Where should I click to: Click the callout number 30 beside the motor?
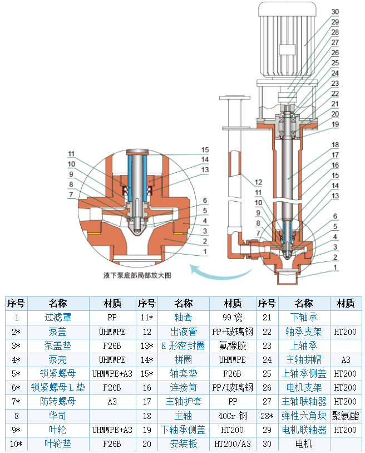click(x=335, y=12)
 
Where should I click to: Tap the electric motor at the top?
click(x=287, y=40)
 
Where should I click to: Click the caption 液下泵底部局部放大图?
click(x=137, y=275)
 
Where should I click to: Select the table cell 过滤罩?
click(x=58, y=317)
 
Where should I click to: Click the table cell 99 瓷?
click(x=232, y=317)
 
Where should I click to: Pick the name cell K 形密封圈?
click(x=183, y=345)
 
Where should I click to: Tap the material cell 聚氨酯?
click(x=346, y=416)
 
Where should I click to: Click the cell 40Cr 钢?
click(x=232, y=416)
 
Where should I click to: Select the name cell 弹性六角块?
click(x=304, y=416)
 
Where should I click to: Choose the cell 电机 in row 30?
click(x=304, y=444)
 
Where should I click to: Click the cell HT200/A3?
click(x=232, y=444)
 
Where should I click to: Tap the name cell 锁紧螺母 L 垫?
click(x=58, y=387)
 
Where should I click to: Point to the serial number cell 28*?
click(x=267, y=416)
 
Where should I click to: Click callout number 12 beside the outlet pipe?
click(x=258, y=182)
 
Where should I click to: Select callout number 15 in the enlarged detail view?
click(x=205, y=150)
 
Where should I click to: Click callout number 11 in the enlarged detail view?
click(x=71, y=154)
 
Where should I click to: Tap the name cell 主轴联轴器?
click(x=304, y=401)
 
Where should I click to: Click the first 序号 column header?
click(x=16, y=303)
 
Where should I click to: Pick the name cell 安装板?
click(x=183, y=444)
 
